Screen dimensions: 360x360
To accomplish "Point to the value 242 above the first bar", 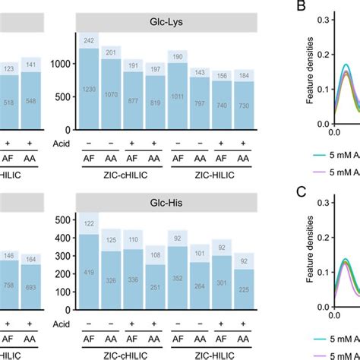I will click(90, 41).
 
